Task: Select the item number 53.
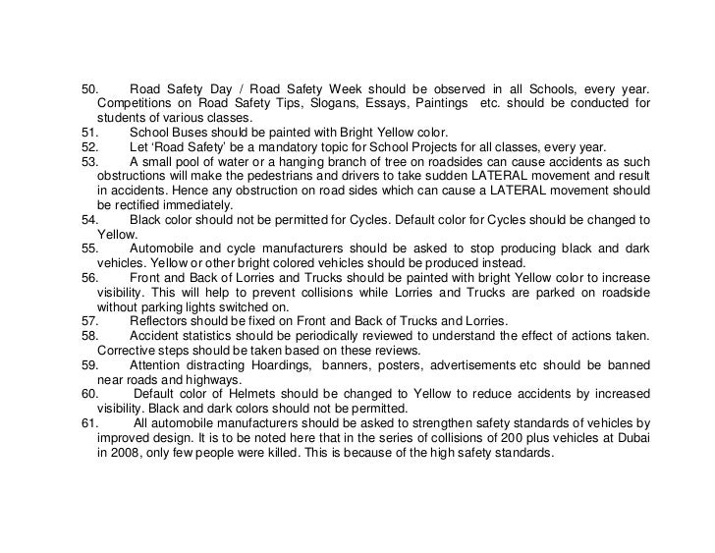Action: pos(89,161)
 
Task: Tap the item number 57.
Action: pos(89,321)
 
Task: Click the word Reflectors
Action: pos(161,321)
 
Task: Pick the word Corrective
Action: pos(129,351)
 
